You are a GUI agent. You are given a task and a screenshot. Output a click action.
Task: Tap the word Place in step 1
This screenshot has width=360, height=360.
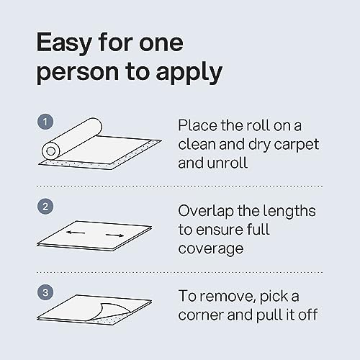pos(197,125)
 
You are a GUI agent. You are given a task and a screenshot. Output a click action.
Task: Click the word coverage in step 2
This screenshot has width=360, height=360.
pos(211,248)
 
